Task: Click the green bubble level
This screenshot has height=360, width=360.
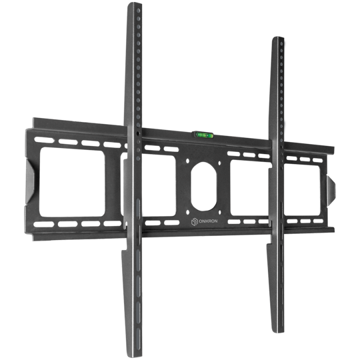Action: pos(203,134)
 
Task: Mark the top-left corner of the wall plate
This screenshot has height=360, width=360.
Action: pos(33,119)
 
